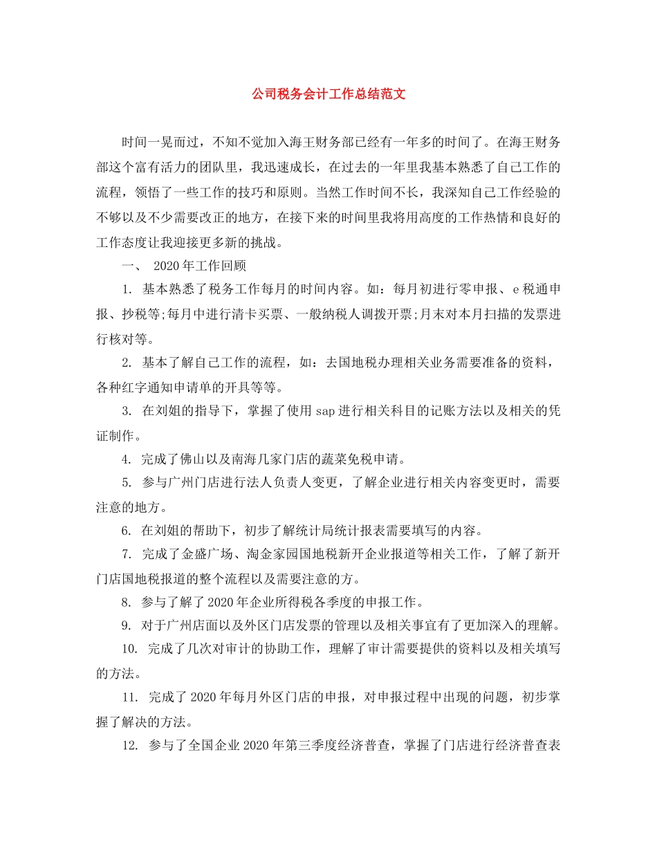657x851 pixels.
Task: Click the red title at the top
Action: [x=328, y=93]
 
